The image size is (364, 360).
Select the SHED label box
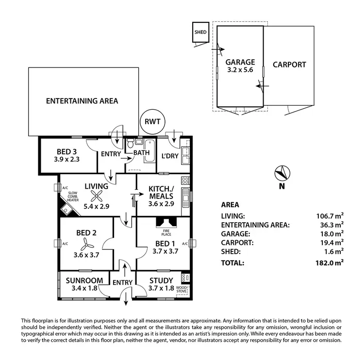(x=200, y=33)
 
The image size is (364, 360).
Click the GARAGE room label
(x=240, y=62)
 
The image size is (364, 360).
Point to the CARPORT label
(x=289, y=65)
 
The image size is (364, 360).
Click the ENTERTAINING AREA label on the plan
(x=82, y=101)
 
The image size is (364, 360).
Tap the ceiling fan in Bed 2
(x=87, y=243)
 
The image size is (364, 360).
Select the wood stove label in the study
(x=182, y=290)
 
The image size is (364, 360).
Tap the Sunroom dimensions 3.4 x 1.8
(x=84, y=288)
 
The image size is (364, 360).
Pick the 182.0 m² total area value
(x=330, y=263)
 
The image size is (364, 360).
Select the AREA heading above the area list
(x=230, y=205)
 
